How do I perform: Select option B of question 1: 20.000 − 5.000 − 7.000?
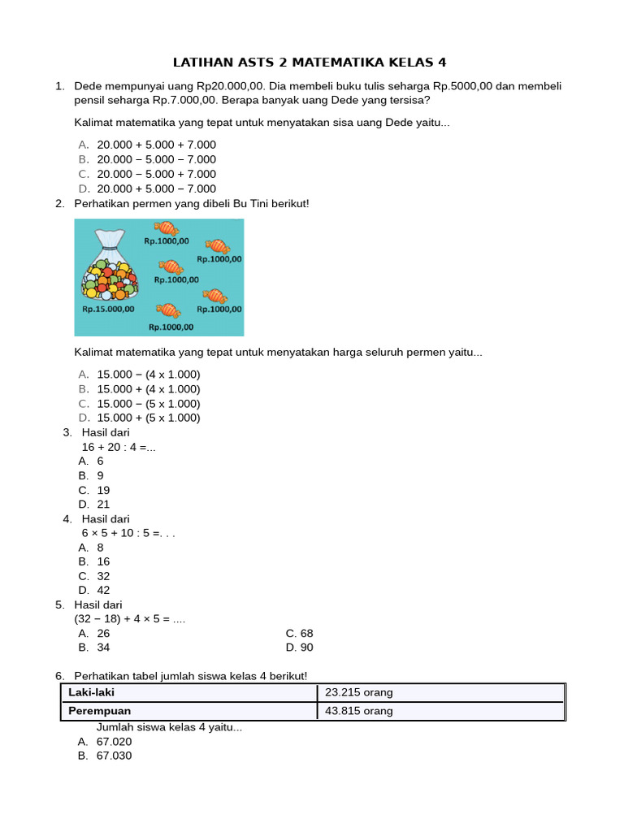click(x=156, y=159)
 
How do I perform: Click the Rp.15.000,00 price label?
click(x=108, y=309)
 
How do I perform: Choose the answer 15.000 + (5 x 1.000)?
click(x=148, y=418)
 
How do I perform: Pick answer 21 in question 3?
click(x=103, y=504)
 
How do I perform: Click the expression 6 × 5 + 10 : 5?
click(x=128, y=533)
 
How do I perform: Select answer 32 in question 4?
click(x=103, y=576)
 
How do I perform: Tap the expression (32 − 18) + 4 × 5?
click(x=130, y=619)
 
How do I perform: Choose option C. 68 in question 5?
click(x=299, y=633)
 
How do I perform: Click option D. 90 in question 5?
click(x=299, y=648)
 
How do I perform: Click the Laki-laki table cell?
click(x=188, y=692)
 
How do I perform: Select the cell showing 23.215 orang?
click(x=440, y=692)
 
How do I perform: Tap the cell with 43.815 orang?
click(x=440, y=711)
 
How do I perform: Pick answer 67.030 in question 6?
click(x=114, y=756)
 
